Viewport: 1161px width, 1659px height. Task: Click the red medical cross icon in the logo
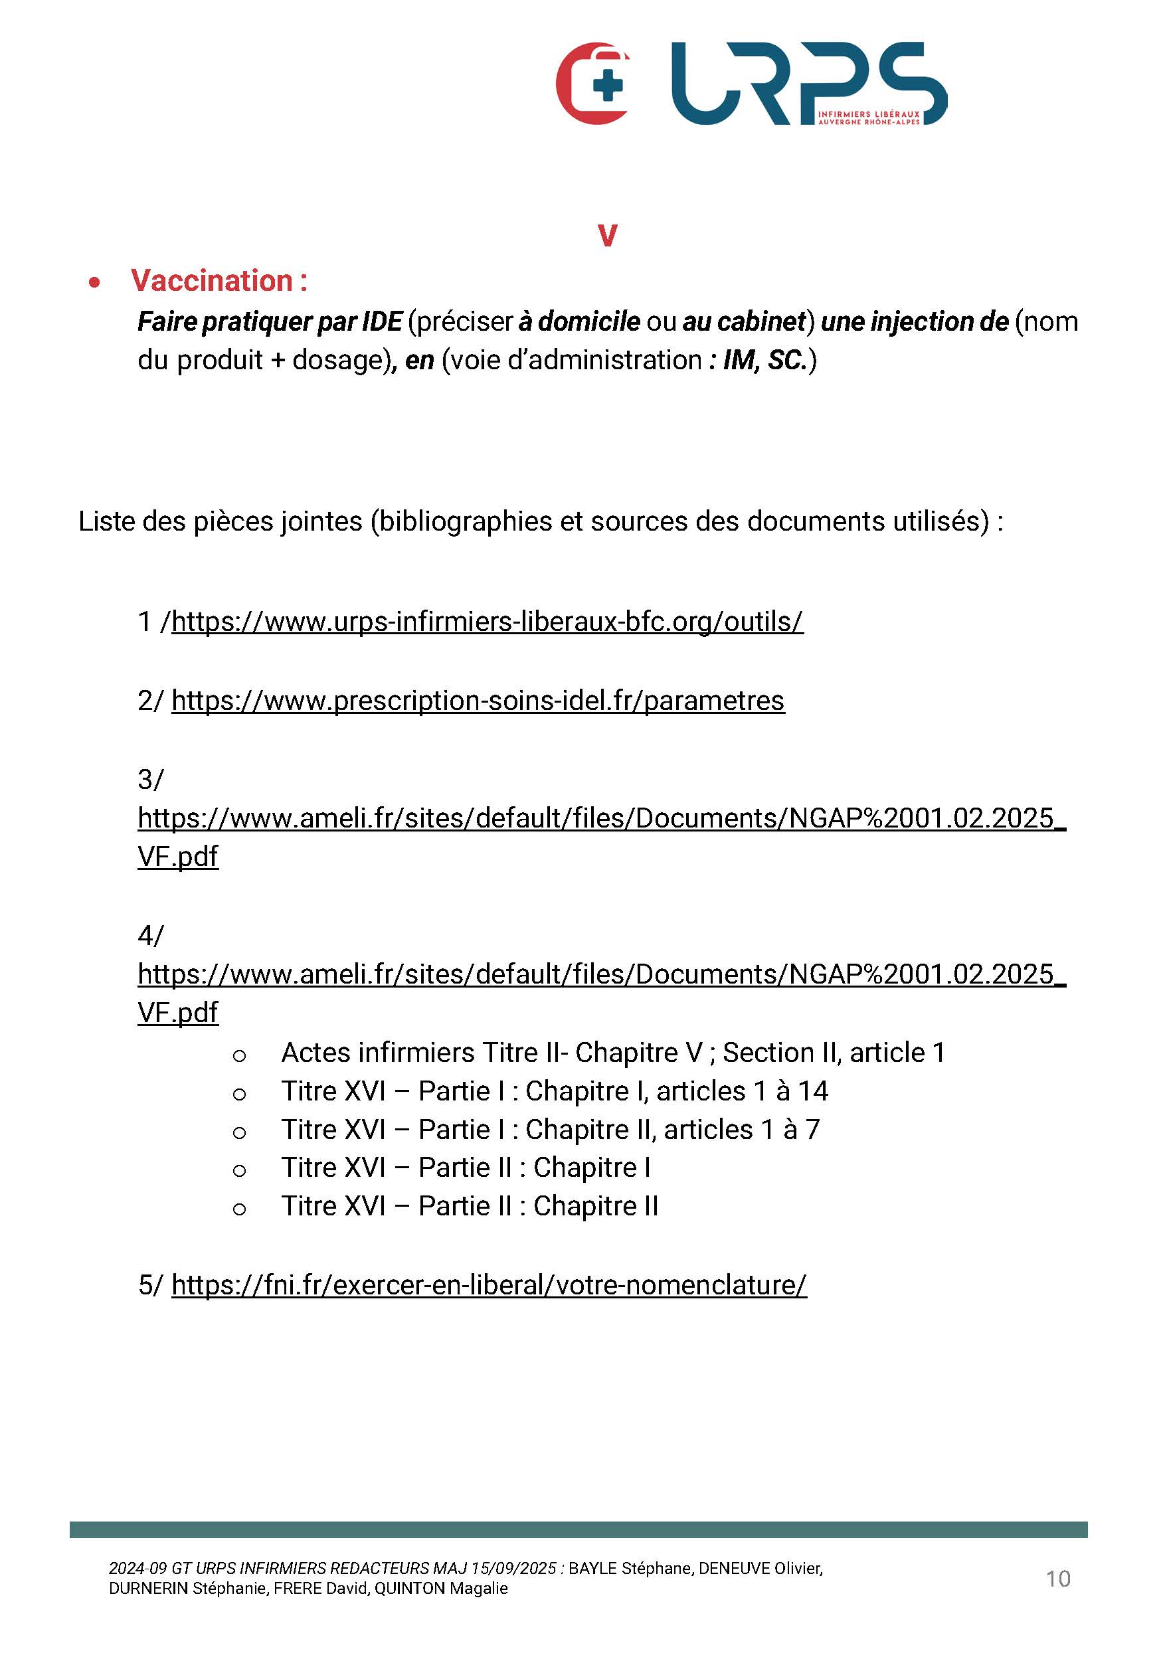[x=594, y=84]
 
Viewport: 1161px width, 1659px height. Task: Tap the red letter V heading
[x=607, y=236]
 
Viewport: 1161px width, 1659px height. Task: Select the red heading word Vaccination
[x=212, y=280]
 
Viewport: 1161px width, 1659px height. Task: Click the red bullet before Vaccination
[x=94, y=282]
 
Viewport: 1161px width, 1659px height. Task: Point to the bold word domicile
[x=589, y=321]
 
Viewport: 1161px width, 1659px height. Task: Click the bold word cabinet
[x=760, y=321]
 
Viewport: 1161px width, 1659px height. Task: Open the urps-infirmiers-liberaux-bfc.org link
[x=487, y=622]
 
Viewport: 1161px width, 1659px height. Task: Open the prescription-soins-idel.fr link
[x=478, y=700]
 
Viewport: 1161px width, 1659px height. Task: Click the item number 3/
[x=150, y=779]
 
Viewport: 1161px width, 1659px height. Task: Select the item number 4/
[x=150, y=935]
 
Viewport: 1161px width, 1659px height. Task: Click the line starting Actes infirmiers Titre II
[x=612, y=1052]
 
